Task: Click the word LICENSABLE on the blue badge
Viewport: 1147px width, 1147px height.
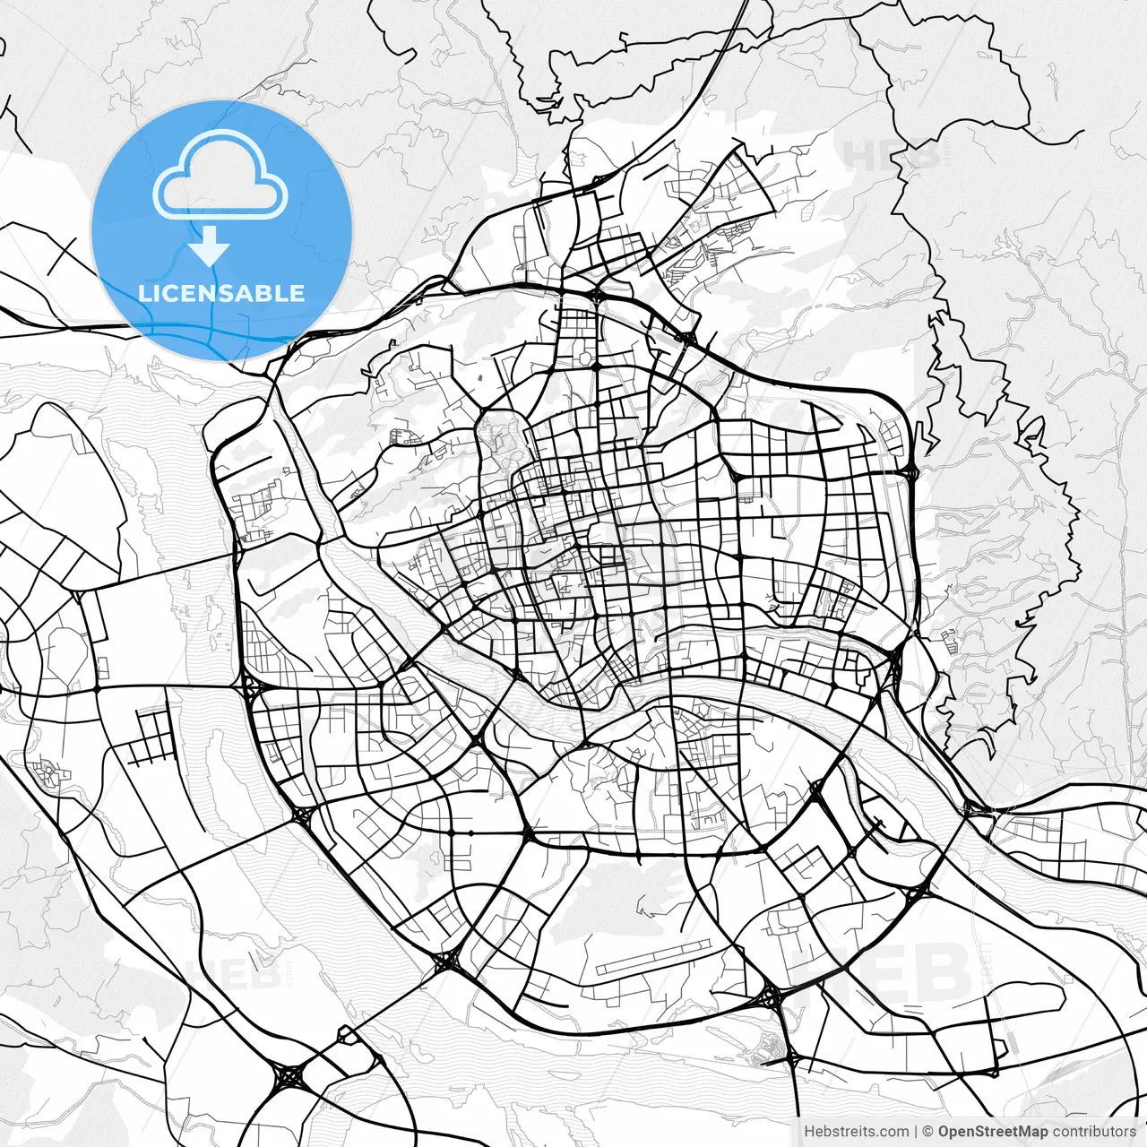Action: (x=221, y=293)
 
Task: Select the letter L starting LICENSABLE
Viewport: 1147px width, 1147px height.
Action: (x=143, y=293)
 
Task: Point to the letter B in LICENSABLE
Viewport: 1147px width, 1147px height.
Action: (x=265, y=293)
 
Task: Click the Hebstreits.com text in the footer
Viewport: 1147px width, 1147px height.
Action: (x=857, y=1132)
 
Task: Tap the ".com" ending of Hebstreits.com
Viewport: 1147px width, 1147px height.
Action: (x=893, y=1132)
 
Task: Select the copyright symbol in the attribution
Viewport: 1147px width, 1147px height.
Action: (x=928, y=1132)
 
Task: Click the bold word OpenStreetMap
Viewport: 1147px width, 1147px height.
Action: (x=993, y=1132)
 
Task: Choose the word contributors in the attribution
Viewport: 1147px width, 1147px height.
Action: (x=1094, y=1132)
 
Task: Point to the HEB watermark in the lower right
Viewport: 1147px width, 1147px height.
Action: (x=882, y=972)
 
